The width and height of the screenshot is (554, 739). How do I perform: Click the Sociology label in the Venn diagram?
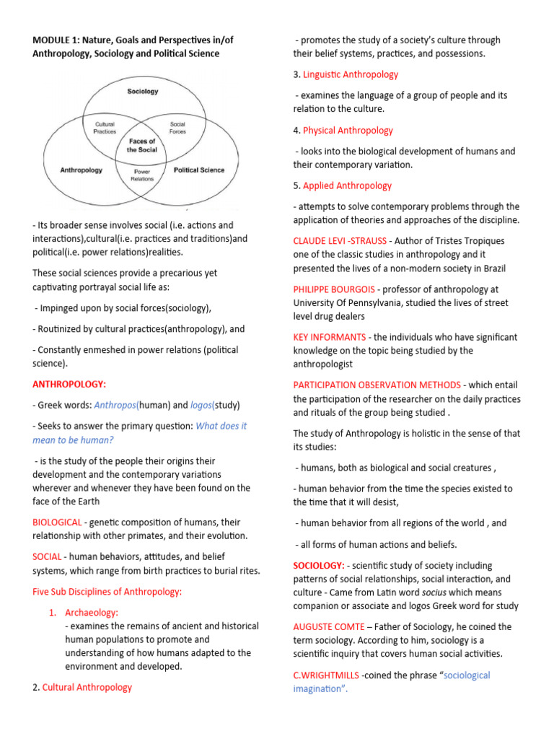coord(143,92)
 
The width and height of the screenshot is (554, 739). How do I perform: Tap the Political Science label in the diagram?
coord(199,170)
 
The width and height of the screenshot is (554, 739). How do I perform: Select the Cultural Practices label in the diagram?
coord(105,128)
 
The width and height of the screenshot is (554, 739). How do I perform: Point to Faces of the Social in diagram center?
coord(142,145)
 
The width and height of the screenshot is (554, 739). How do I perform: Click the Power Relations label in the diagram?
coord(142,175)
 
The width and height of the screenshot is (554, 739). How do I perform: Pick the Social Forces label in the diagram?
coord(177,128)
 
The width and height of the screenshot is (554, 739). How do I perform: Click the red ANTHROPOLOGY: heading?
coord(69,384)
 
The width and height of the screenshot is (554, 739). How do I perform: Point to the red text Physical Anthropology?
coord(348,130)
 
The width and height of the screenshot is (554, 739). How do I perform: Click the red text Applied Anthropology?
coord(347,185)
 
